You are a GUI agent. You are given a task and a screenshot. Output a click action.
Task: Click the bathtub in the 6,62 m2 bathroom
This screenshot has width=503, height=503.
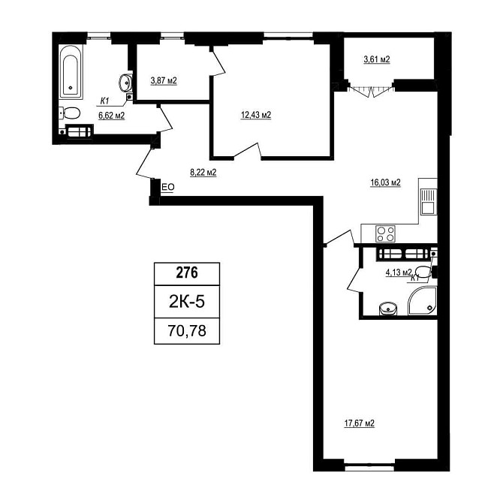pyautogui.click(x=71, y=72)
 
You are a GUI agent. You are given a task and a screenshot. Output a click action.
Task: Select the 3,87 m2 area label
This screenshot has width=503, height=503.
pyautogui.click(x=164, y=80)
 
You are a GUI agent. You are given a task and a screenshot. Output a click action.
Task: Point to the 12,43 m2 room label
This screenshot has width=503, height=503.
pyautogui.click(x=256, y=115)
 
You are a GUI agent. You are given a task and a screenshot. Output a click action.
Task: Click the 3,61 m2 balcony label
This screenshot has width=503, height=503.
pyautogui.click(x=377, y=59)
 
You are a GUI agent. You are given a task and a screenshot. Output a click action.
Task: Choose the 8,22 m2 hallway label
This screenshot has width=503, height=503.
pyautogui.click(x=203, y=173)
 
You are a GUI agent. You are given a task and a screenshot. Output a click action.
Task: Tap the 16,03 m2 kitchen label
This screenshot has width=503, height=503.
pyautogui.click(x=386, y=182)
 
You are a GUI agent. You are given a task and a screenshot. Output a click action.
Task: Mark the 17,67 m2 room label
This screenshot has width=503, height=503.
pyautogui.click(x=360, y=423)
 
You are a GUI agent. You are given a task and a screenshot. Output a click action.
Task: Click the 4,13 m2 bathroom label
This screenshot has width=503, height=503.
pyautogui.click(x=399, y=273)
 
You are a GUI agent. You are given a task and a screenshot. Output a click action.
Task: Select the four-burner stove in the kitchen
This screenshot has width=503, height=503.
pyautogui.click(x=386, y=233)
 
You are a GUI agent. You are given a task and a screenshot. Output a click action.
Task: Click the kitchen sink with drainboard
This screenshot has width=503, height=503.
pyautogui.click(x=429, y=201)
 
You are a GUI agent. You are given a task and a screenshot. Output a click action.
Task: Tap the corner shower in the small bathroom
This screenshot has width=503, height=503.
pyautogui.click(x=423, y=301)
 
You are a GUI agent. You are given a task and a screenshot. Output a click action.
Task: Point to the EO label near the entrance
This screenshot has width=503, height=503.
pyautogui.click(x=167, y=187)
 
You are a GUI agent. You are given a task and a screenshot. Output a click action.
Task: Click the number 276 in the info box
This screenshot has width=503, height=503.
pyautogui.click(x=187, y=273)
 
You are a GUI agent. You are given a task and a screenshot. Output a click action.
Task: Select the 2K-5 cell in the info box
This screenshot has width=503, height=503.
pyautogui.click(x=187, y=302)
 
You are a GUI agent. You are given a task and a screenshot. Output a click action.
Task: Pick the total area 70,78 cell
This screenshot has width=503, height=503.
pyautogui.click(x=187, y=331)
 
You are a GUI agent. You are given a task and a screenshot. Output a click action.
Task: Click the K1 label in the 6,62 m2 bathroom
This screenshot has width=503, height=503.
pyautogui.click(x=105, y=101)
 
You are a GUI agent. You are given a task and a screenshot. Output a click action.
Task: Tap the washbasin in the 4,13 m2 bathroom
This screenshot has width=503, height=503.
pyautogui.click(x=388, y=309)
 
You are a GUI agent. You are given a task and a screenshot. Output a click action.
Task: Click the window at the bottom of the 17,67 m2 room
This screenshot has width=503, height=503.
pyautogui.click(x=369, y=468)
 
